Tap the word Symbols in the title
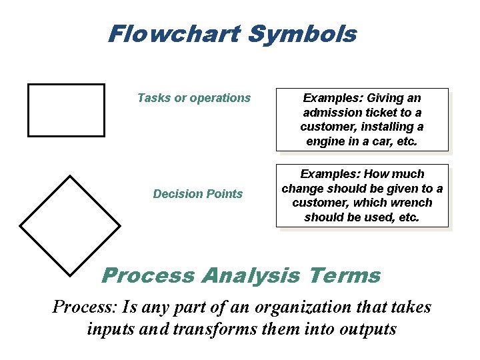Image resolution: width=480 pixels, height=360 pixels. click(x=302, y=34)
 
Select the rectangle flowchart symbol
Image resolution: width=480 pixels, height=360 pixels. click(x=66, y=110)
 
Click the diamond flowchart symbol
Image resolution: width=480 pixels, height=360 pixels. click(x=70, y=225)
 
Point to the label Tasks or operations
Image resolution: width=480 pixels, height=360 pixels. click(x=194, y=98)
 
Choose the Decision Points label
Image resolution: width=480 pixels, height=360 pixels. click(x=198, y=194)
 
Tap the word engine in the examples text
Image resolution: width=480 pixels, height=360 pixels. click(x=325, y=141)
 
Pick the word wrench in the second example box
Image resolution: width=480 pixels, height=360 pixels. click(x=411, y=203)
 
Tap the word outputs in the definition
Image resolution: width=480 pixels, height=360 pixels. click(x=367, y=329)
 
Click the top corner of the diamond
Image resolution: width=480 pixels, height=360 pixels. click(x=70, y=175)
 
